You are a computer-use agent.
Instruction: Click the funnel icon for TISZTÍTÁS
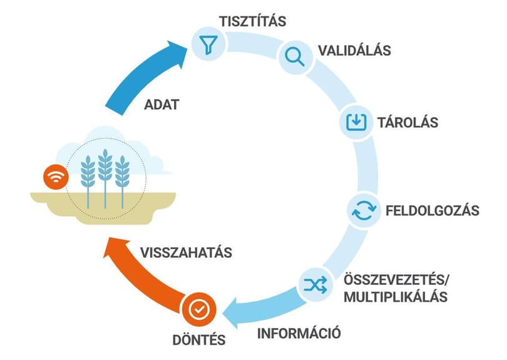(x=208, y=44)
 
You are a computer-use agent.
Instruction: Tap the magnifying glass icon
(x=295, y=56)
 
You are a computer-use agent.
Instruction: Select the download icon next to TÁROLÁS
(x=356, y=122)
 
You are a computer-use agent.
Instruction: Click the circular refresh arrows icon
(x=364, y=210)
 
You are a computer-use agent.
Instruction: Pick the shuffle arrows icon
(x=315, y=285)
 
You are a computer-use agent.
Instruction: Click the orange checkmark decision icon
(x=199, y=309)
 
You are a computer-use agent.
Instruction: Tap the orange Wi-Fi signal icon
(x=56, y=177)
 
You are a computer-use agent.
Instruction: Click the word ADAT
(x=161, y=105)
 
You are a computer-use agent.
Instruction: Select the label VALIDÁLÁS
(x=354, y=51)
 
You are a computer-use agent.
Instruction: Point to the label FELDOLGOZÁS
(x=433, y=210)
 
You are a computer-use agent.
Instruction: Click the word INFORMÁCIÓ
(x=299, y=333)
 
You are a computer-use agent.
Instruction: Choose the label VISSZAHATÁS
(x=187, y=252)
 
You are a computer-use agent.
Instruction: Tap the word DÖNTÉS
(x=199, y=340)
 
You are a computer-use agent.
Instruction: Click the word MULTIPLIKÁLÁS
(x=396, y=297)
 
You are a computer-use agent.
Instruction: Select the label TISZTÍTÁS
(x=252, y=21)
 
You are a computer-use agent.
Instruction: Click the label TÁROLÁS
(x=407, y=123)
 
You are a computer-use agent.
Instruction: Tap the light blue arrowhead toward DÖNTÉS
(x=235, y=312)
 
